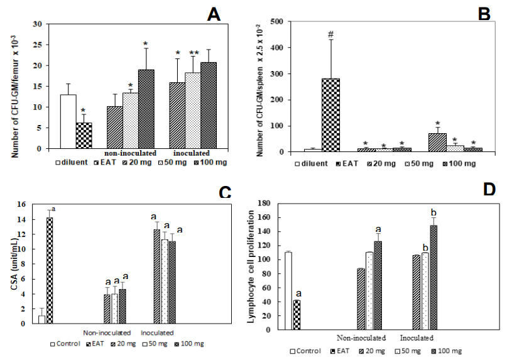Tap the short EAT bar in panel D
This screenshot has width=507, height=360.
297,315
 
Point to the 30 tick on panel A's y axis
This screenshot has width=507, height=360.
43,25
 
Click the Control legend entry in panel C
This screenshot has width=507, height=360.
66,344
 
